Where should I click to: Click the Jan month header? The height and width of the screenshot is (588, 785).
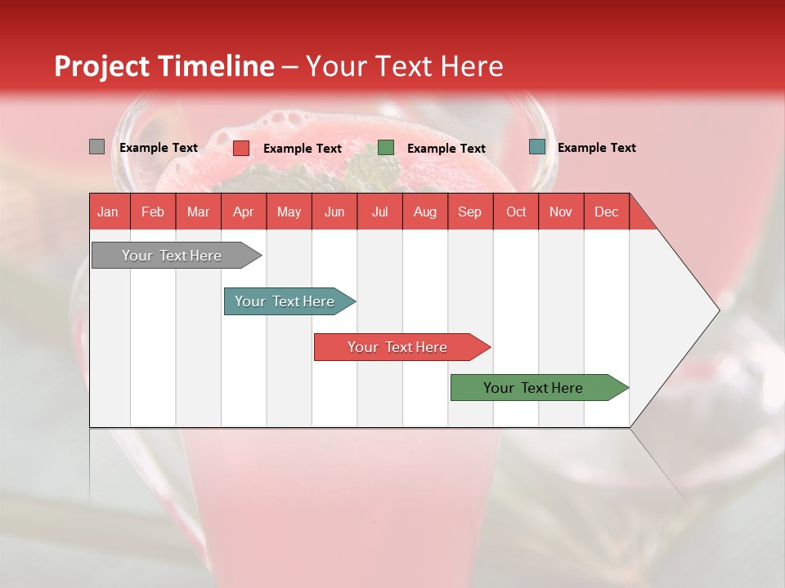pos(108,212)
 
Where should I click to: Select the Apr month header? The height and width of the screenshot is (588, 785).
pos(243,212)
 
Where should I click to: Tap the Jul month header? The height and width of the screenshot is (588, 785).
pos(379,212)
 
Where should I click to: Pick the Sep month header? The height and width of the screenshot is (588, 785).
pos(469,212)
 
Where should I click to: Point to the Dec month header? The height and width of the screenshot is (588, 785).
pos(606,212)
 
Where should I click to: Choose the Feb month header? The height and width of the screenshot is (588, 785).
pos(153,212)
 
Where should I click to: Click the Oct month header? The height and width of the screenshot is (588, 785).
pos(516,212)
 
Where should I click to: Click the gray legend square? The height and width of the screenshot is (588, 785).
pos(96,147)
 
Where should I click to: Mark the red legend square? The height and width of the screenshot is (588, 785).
pos(241,148)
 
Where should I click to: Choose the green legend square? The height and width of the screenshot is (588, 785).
pos(386,148)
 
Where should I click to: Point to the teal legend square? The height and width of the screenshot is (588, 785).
pos(536,147)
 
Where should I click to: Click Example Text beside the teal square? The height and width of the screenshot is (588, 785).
pos(596,148)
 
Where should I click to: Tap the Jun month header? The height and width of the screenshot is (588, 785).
pos(334,212)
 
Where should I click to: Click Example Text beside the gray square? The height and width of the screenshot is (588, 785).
pos(159,148)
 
